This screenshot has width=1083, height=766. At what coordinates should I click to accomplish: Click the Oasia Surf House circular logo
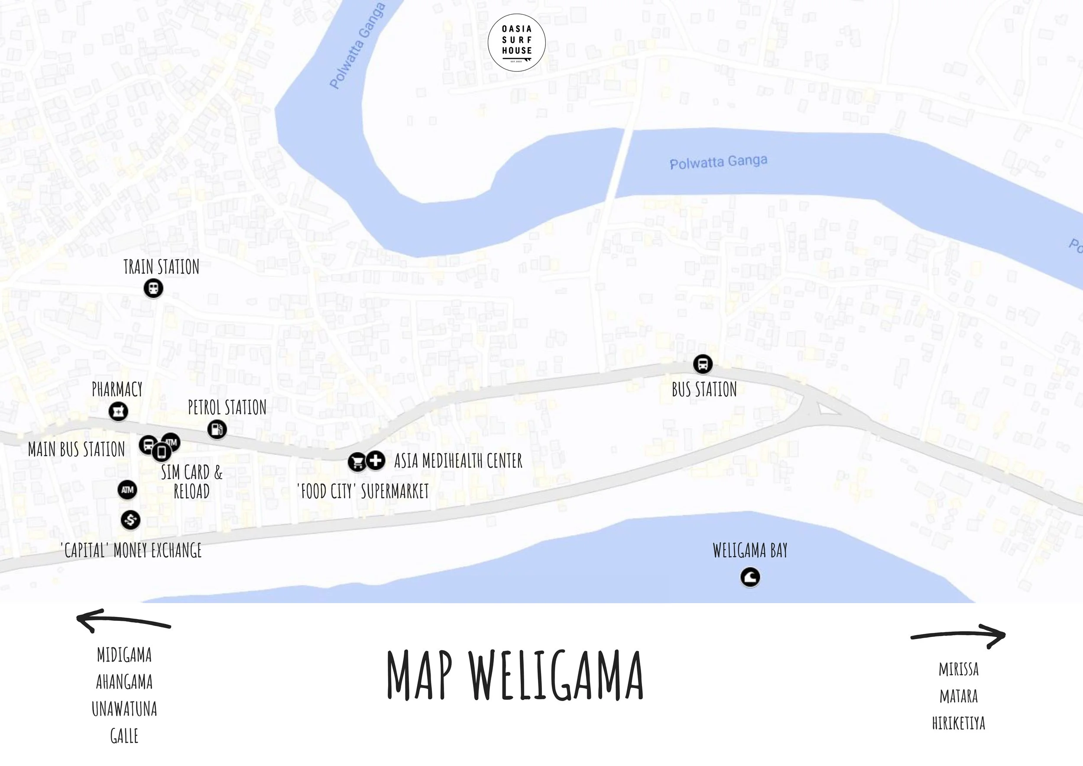516,42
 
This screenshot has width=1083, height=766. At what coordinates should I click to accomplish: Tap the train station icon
153,288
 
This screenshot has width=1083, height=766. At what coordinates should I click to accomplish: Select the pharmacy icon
118,411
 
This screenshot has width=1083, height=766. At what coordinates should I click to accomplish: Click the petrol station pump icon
217,429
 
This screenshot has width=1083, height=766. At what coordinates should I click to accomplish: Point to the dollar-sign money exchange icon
130,520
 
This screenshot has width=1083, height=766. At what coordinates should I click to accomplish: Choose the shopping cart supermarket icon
357,462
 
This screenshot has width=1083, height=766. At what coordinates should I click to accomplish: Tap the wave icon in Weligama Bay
750,577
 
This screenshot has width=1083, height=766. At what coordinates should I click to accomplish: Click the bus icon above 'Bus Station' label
702,364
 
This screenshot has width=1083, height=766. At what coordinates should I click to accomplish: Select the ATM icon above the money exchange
127,490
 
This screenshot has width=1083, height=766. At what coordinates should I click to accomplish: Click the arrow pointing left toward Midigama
123,621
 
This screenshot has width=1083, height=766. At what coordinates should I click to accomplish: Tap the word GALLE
124,736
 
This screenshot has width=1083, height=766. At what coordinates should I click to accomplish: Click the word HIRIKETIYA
959,723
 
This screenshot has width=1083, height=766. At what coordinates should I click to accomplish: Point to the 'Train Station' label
161,267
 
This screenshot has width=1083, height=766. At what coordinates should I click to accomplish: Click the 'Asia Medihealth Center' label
458,461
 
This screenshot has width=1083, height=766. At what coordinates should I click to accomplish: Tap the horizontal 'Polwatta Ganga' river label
718,162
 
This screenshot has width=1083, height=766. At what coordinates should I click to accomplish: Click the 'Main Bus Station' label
76,449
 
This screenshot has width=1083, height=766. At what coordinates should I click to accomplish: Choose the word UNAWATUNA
124,709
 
